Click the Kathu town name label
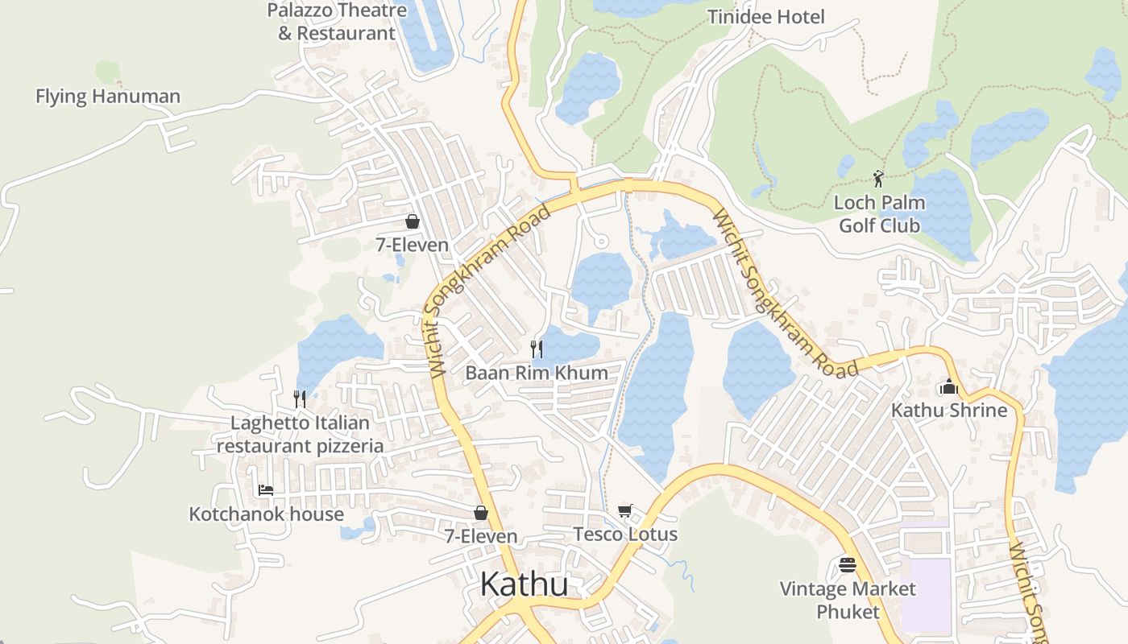click(x=524, y=584)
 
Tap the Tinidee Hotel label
click(x=765, y=17)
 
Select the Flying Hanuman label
click(x=107, y=97)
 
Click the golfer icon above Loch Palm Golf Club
click(x=878, y=178)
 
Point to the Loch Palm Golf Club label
click(x=879, y=214)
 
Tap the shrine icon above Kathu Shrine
click(x=948, y=387)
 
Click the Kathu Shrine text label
click(x=948, y=411)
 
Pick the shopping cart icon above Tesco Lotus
click(x=625, y=510)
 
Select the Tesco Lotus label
click(x=625, y=535)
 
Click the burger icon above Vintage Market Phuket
click(x=847, y=565)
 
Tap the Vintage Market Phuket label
click(x=848, y=601)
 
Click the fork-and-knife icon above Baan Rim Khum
click(x=536, y=349)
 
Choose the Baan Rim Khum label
click(x=536, y=373)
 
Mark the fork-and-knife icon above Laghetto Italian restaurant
click(x=300, y=398)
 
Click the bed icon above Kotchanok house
click(x=266, y=489)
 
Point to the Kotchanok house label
click(x=266, y=514)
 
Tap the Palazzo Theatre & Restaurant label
click(x=337, y=22)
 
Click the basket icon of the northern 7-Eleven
click(x=413, y=221)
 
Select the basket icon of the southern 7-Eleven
click(x=481, y=513)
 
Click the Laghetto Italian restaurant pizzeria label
click(x=300, y=434)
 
